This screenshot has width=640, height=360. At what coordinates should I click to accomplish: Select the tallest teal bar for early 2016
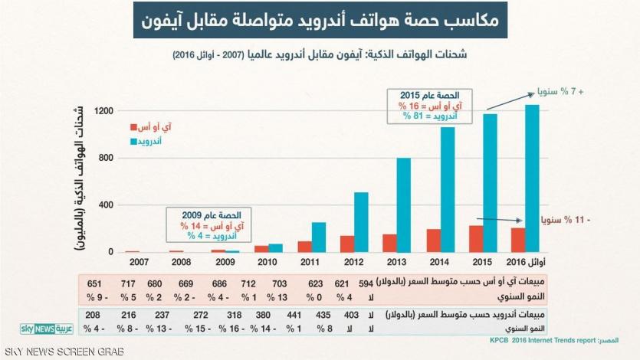click(x=532, y=178)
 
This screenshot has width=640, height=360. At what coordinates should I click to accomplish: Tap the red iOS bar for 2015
click(x=476, y=238)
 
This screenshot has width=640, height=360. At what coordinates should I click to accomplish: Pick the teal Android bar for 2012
click(x=361, y=221)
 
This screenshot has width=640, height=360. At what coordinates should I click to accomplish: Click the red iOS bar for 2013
click(x=389, y=243)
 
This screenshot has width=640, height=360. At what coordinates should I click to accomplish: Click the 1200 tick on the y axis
click(x=104, y=112)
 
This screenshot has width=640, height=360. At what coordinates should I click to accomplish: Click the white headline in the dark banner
click(x=320, y=23)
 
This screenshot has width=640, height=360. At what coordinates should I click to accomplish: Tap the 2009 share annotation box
click(x=204, y=226)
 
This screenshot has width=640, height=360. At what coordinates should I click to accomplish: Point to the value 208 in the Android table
click(x=94, y=315)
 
